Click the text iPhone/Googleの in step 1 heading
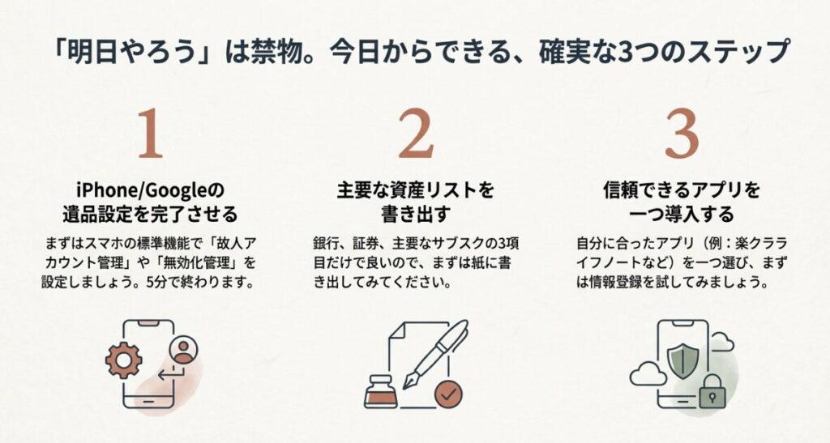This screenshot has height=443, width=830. pos(149,191)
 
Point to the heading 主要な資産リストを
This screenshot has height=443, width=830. pos(415,191)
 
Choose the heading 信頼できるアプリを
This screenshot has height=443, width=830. pos(681,191)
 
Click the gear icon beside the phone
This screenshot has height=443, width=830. pos(124,360)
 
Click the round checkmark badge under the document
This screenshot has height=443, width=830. pos(447,394)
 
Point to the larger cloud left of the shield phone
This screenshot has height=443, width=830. pos(647,373)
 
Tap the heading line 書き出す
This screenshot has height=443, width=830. pos(415,215)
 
